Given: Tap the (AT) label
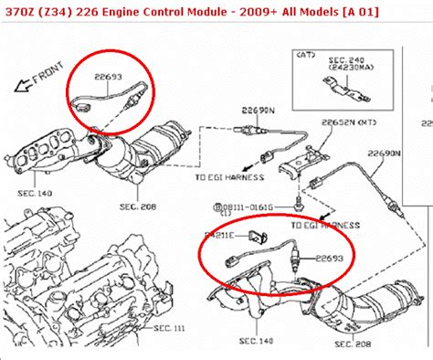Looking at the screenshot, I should (x=302, y=56).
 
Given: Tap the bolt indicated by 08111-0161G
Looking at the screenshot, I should (x=299, y=197).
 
